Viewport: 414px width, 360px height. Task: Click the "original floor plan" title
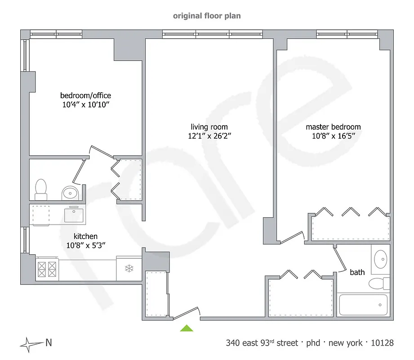click(x=207, y=16)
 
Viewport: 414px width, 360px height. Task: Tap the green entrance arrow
click(x=187, y=328)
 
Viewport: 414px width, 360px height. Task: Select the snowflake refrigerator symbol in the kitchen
click(x=129, y=269)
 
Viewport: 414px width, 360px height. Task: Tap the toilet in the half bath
click(x=41, y=189)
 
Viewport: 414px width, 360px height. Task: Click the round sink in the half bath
click(x=71, y=193)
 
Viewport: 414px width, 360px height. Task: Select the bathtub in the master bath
click(x=363, y=305)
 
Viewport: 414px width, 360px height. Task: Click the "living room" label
click(x=209, y=127)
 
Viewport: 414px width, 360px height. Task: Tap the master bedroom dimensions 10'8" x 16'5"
click(x=333, y=135)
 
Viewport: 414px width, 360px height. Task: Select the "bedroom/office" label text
click(x=85, y=95)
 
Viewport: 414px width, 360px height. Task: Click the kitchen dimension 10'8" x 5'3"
click(x=85, y=245)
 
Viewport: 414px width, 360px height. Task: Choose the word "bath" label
click(x=357, y=272)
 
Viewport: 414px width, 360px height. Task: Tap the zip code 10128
click(x=382, y=343)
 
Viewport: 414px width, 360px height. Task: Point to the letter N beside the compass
click(x=48, y=343)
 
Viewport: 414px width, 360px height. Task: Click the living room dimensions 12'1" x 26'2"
click(x=209, y=135)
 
